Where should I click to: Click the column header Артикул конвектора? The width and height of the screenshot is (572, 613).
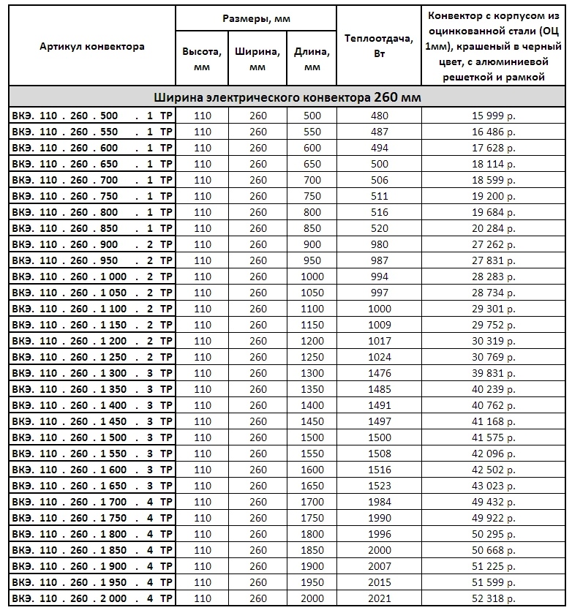point(92,46)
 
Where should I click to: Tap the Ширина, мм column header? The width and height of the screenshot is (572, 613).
point(257,59)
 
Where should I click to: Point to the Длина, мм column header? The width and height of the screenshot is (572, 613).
point(312,59)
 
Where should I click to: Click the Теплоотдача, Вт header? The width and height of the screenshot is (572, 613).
point(379,46)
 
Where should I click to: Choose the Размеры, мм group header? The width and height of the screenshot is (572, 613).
point(256,19)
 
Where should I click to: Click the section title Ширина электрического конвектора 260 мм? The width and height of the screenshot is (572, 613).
point(287,98)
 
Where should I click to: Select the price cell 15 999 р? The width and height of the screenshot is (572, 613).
point(494,116)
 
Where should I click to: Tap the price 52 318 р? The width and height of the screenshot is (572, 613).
point(494,598)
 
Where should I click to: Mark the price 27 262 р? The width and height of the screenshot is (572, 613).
point(494,244)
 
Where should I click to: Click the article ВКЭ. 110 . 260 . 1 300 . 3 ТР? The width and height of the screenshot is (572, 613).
point(92,373)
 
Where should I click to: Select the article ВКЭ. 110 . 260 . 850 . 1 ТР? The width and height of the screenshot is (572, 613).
point(92,228)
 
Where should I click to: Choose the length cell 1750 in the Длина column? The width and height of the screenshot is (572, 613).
point(312,518)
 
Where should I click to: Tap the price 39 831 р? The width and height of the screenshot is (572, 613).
point(494,373)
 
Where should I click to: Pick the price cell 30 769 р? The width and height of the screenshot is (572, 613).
point(494,357)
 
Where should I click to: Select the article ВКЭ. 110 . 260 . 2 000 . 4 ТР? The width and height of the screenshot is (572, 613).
point(92,598)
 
